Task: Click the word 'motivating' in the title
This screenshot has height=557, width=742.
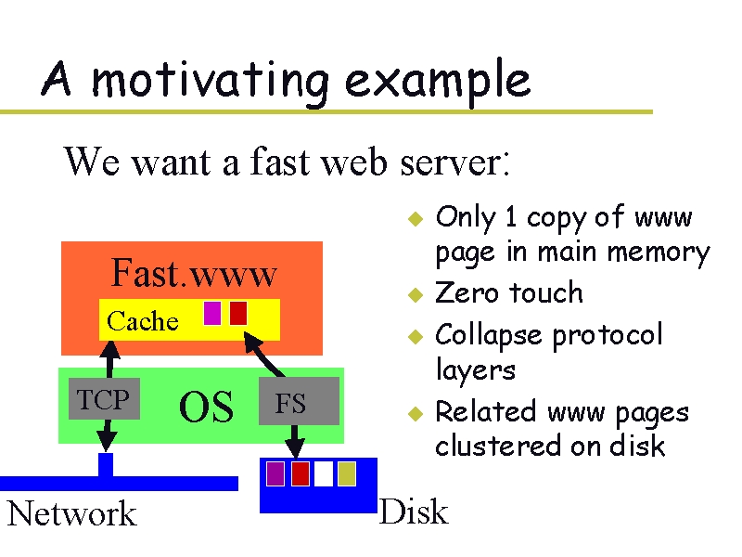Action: point(209,81)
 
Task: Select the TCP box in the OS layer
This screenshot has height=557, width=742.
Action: point(104,400)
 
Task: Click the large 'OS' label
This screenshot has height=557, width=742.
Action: point(206,408)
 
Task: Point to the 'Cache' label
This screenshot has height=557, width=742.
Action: point(142,321)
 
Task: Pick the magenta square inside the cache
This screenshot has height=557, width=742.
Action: point(212,314)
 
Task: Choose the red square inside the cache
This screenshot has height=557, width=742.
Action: point(238,314)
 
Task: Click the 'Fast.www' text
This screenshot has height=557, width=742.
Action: point(194,274)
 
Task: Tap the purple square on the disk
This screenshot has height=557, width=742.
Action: point(275,473)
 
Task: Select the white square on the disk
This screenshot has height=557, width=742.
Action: point(323,473)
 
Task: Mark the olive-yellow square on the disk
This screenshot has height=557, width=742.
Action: point(347,473)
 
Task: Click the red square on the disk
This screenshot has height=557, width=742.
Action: point(300,473)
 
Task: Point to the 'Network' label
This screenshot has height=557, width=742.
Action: point(71,513)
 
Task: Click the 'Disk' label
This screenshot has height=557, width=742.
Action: point(414,512)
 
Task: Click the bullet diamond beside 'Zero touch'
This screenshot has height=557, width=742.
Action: point(416,295)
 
